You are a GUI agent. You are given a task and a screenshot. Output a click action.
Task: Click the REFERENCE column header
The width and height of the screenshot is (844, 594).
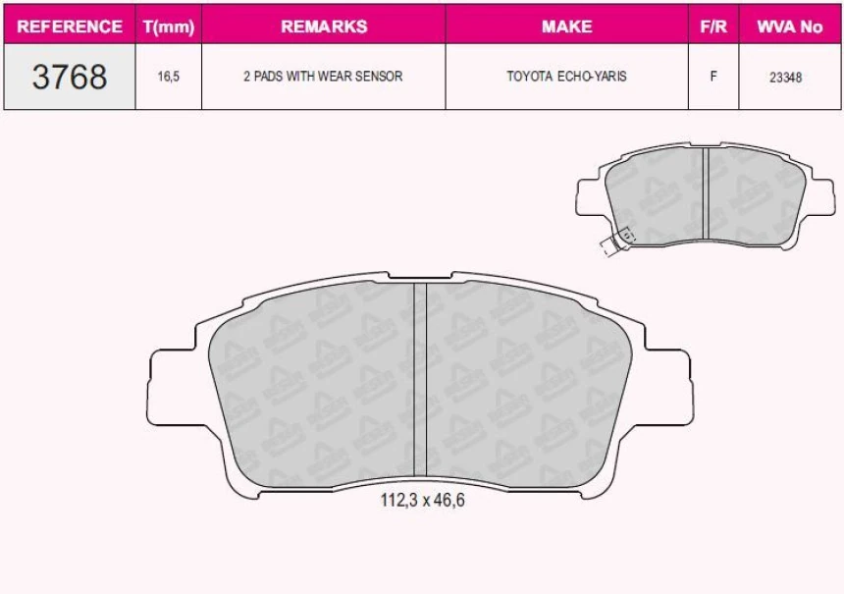(x=70, y=27)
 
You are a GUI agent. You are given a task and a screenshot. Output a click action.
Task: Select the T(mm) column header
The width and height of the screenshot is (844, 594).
(x=169, y=27)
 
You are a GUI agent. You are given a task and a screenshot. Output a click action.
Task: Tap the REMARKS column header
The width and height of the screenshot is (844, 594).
(x=323, y=27)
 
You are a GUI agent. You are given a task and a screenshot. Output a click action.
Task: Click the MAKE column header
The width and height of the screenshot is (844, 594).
(x=566, y=27)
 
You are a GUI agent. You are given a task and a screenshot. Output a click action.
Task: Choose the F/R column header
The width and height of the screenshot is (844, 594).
(x=712, y=27)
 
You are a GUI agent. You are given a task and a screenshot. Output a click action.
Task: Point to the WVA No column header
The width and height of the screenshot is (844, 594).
(x=789, y=27)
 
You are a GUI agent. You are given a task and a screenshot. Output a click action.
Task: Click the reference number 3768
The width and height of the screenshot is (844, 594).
(x=70, y=77)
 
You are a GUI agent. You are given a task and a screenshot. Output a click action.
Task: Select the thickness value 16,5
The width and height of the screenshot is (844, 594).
(x=169, y=77)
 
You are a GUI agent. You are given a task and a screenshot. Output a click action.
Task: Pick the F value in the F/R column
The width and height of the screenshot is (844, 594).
(x=712, y=77)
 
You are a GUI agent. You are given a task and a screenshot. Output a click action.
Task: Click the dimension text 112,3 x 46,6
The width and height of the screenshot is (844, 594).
(x=422, y=501)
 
